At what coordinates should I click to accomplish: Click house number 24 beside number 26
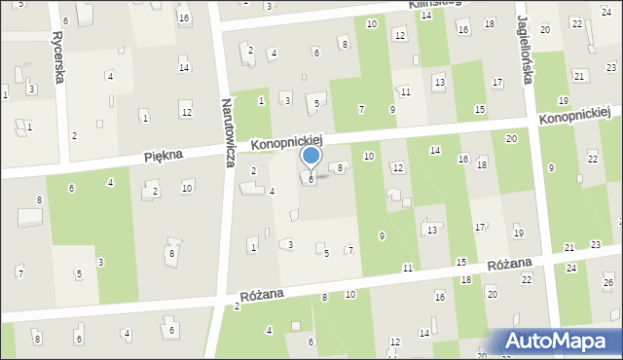[571, 267]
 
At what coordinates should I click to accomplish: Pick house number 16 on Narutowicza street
[183, 18]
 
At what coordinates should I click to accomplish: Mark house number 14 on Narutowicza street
[183, 67]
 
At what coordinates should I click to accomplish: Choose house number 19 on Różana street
[518, 233]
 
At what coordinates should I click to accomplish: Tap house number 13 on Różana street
[431, 230]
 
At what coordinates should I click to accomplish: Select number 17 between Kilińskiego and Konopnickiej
[496, 82]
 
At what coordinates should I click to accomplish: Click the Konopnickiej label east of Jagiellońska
[581, 113]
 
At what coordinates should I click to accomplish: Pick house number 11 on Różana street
[407, 267]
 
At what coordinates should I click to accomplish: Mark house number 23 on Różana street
[595, 244]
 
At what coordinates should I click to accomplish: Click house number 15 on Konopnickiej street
[479, 109]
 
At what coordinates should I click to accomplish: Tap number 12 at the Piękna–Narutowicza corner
[186, 113]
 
